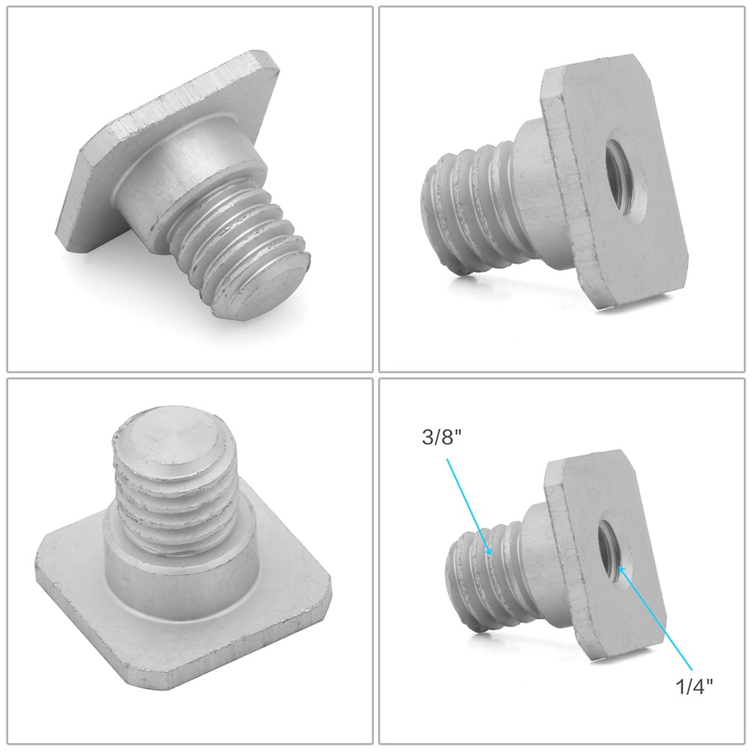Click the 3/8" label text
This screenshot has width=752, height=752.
point(438,438)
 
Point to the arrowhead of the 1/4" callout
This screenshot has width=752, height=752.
point(621,570)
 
